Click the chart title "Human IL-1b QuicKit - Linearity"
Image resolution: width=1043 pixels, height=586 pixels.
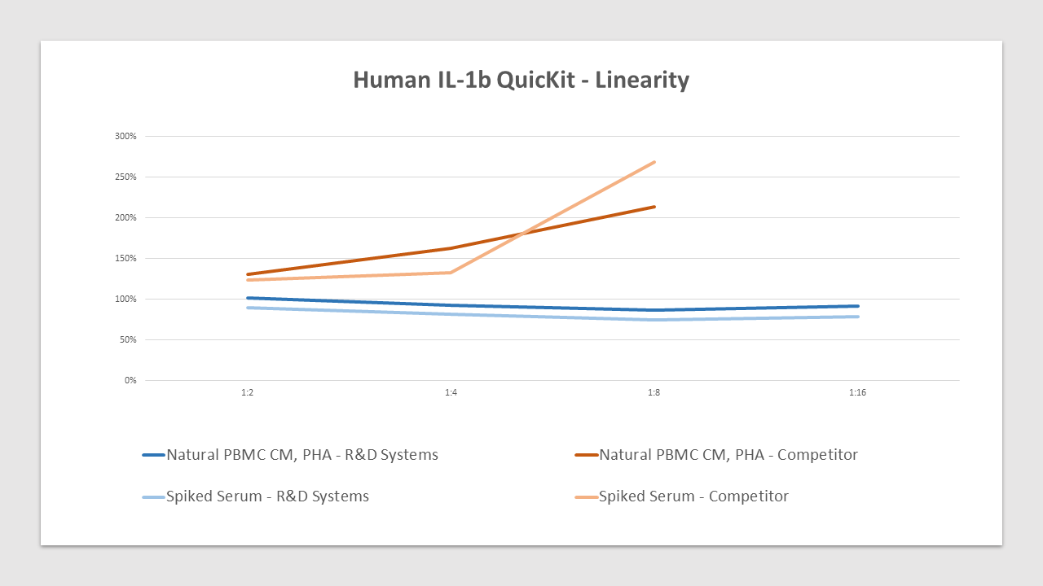coord(521,80)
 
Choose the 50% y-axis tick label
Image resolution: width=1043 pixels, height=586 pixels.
coord(127,339)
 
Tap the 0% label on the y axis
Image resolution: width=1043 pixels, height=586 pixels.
coord(130,380)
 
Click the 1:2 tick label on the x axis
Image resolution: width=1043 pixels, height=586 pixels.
coord(247,392)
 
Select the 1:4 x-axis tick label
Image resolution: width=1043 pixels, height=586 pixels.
coord(451,392)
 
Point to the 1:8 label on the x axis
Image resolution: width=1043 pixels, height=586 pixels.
coord(654,392)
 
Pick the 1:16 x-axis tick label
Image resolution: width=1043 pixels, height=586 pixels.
coord(857,392)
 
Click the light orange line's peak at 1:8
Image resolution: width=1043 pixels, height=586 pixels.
coord(654,162)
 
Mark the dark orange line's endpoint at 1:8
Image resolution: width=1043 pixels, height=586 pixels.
coord(654,207)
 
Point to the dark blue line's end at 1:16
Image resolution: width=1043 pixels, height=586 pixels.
coord(857,306)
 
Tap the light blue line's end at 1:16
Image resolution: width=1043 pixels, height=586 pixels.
coord(857,317)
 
